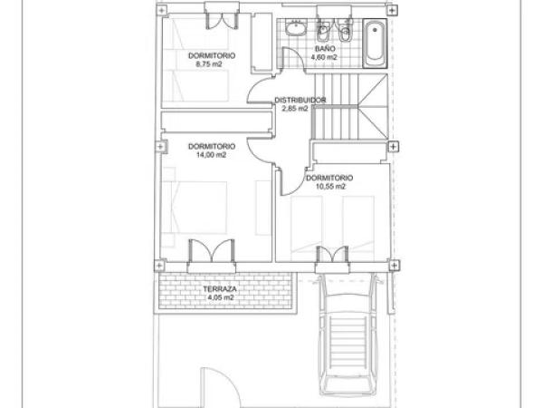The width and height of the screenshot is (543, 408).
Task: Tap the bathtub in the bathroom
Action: tap(376, 43)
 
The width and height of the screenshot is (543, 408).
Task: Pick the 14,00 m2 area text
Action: tap(211, 155)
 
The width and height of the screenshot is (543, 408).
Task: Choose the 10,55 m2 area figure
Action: tap(329, 186)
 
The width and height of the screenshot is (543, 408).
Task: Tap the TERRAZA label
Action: tap(220, 288)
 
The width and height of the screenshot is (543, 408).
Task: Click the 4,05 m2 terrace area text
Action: tap(220, 297)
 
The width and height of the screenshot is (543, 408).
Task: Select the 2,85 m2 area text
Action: tap(294, 108)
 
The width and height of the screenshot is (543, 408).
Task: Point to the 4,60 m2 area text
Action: tap(324, 57)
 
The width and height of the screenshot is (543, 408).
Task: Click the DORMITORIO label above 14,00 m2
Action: tap(211, 146)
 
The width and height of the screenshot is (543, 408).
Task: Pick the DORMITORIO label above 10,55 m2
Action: tap(329, 178)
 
